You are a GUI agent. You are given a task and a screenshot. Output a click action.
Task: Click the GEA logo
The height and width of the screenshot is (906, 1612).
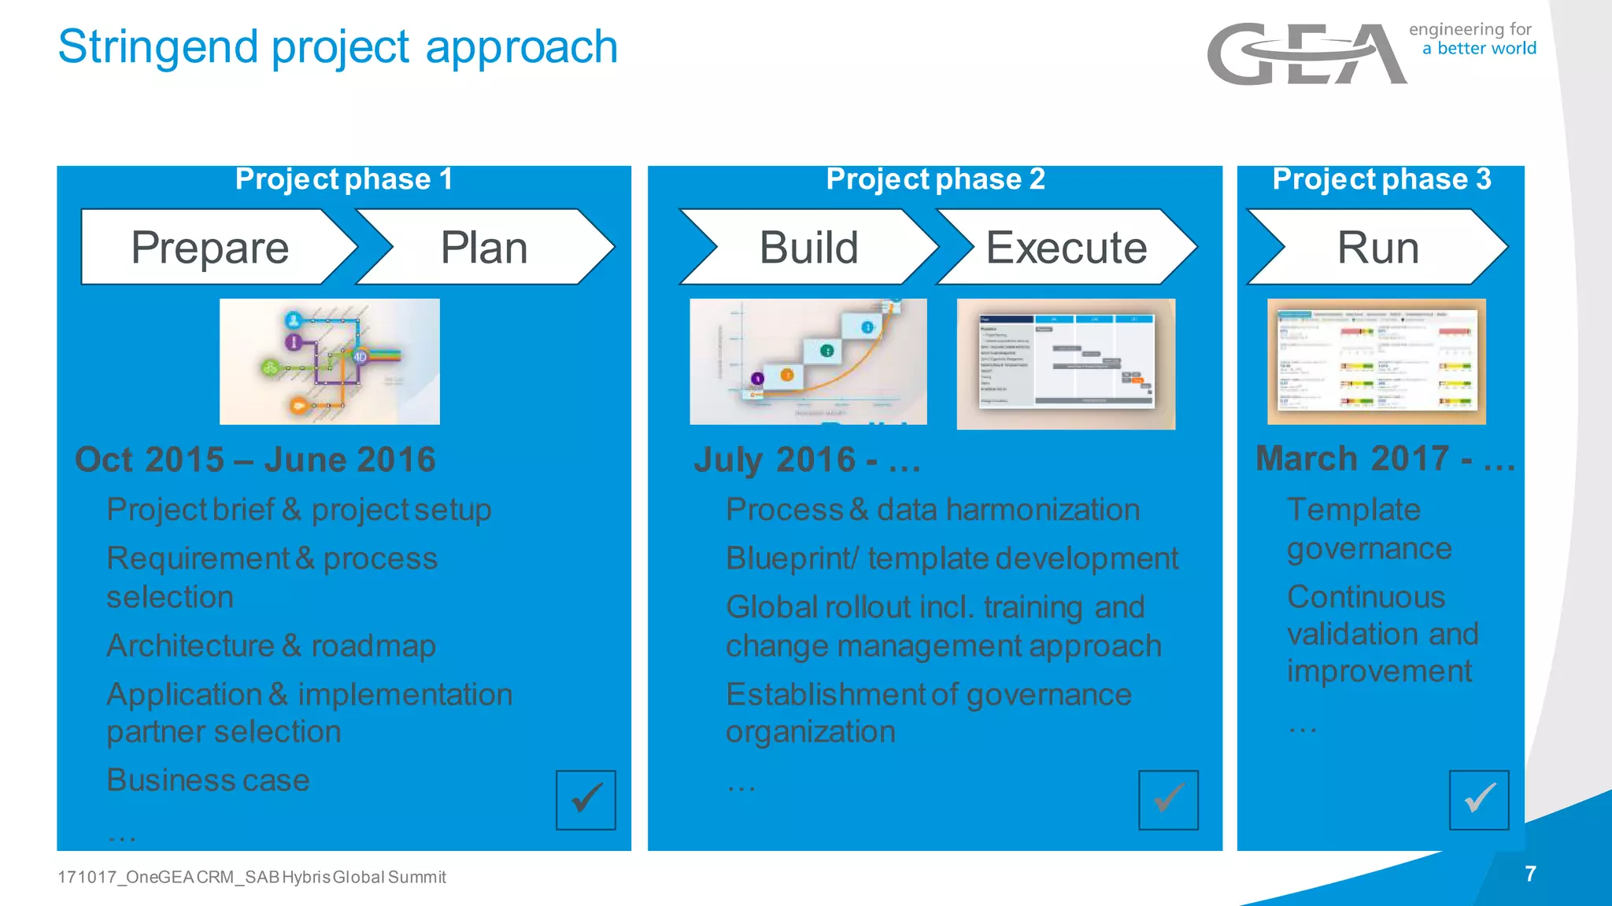tap(1307, 53)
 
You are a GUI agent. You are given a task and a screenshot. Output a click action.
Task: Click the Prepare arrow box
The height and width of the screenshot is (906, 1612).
tap(211, 247)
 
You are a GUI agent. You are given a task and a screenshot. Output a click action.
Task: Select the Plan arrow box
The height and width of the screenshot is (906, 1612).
tap(484, 247)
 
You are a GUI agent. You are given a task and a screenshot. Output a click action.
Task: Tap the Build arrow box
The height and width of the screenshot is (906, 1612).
tap(808, 247)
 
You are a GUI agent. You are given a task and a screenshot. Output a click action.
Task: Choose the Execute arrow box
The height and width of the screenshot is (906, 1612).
tap(1067, 247)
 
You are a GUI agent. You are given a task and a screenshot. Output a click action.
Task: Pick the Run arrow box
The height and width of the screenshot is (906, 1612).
tap(1377, 247)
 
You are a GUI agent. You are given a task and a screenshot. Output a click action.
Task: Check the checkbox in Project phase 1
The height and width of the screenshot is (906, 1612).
tap(586, 800)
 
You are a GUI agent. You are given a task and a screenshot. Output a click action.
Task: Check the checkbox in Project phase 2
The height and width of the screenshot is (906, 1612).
tap(1168, 800)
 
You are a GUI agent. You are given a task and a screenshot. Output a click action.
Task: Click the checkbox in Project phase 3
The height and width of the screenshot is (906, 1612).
tap(1479, 800)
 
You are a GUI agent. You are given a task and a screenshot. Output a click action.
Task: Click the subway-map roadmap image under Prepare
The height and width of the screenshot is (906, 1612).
tap(329, 362)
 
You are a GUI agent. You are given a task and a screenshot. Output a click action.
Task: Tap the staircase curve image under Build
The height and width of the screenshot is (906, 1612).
tap(808, 362)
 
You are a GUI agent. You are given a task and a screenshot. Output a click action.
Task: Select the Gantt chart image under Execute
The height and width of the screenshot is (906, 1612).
tap(1066, 363)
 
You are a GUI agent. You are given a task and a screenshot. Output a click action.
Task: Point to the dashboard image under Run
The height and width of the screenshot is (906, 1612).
tap(1377, 362)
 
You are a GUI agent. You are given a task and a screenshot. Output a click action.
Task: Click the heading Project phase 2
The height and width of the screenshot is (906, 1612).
tap(935, 179)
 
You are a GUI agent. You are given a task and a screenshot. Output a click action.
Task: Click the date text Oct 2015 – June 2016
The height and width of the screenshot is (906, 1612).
tap(255, 459)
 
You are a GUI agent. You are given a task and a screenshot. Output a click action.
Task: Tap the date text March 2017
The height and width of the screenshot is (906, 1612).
tap(1352, 459)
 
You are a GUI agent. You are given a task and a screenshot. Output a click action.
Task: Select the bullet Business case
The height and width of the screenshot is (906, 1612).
tap(208, 780)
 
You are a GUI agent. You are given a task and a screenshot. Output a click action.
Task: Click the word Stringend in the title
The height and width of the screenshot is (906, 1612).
tap(157, 47)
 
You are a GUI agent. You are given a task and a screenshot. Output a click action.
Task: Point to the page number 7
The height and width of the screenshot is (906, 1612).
tap(1530, 874)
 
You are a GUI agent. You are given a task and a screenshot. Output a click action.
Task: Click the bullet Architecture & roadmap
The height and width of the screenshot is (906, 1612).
tap(271, 646)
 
